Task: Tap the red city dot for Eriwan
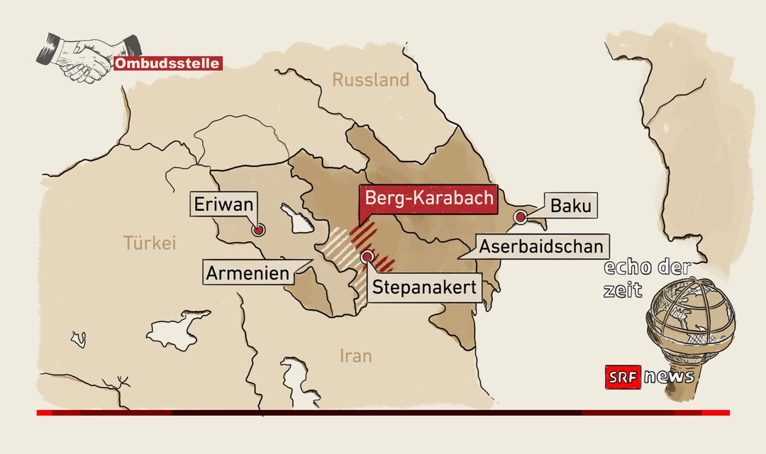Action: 259,229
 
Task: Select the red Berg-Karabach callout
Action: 426,197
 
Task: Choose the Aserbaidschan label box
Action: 543,246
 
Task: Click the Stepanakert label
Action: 423,288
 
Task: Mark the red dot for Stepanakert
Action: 367,257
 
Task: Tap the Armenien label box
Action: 248,272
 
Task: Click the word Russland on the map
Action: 371,80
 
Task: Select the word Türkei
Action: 149,243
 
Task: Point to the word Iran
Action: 356,355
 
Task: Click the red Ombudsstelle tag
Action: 167,64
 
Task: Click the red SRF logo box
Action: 623,377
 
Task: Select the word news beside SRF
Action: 669,377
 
